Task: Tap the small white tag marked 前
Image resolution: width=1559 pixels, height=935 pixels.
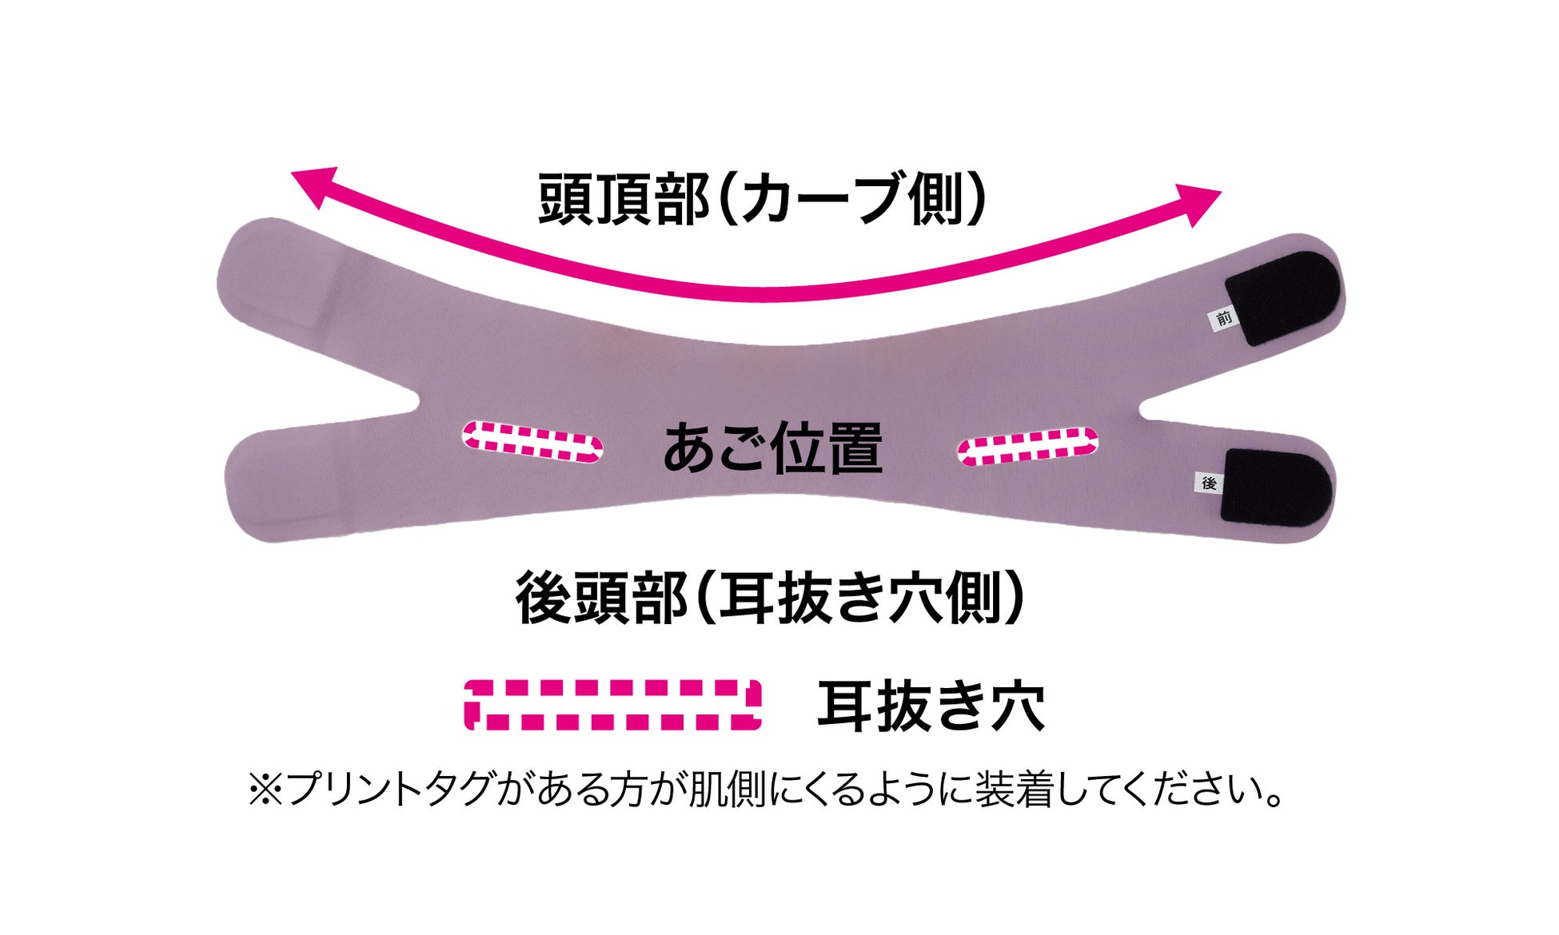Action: click(x=1223, y=319)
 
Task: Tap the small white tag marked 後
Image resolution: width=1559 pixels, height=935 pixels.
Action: click(x=1209, y=483)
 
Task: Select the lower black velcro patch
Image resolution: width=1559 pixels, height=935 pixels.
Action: click(x=1275, y=487)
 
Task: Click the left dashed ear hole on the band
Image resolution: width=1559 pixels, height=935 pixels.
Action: click(x=532, y=442)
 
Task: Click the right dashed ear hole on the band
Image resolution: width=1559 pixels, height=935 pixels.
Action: click(x=1027, y=446)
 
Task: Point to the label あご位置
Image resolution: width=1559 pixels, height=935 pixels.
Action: click(x=772, y=449)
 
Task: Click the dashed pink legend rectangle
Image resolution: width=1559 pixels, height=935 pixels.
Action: click(x=612, y=705)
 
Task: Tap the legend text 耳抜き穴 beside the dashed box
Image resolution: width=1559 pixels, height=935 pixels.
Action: click(x=931, y=706)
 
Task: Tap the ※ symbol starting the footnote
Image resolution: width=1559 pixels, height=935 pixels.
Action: click(x=265, y=790)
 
